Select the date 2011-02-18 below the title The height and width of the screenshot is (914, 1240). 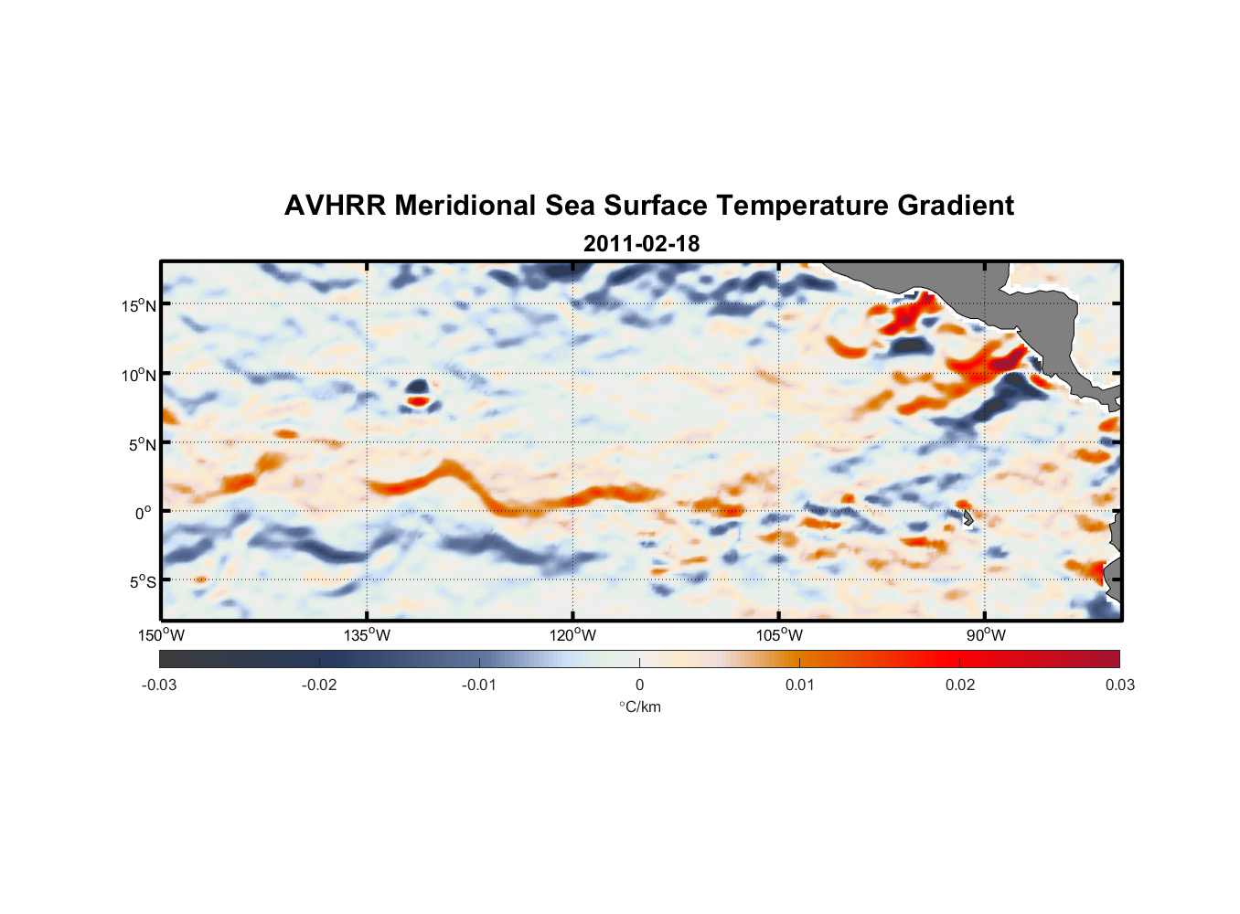pos(641,244)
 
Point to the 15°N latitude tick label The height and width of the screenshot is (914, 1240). pos(139,305)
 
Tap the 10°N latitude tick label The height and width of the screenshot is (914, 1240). pos(139,375)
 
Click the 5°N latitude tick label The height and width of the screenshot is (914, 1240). pos(142,444)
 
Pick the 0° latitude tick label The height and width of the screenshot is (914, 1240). pos(144,513)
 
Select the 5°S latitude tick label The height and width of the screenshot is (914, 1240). pos(142,582)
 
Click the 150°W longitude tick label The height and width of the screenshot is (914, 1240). pos(161,635)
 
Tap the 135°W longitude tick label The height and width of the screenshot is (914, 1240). pos(367,635)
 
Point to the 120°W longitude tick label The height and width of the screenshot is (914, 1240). pos(572,635)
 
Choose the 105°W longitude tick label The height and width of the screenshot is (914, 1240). pos(779,635)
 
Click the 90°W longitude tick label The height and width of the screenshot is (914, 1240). pos(986,635)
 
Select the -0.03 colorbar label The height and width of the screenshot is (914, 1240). pos(159,685)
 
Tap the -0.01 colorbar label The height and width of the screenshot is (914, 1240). pos(479,685)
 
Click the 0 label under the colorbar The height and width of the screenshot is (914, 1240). pos(639,685)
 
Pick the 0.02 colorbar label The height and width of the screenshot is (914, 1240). pos(960,685)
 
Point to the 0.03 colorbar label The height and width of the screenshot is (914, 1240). pos(1119,685)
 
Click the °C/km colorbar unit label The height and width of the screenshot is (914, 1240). pos(639,707)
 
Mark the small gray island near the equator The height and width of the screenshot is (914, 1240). pos(968,518)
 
